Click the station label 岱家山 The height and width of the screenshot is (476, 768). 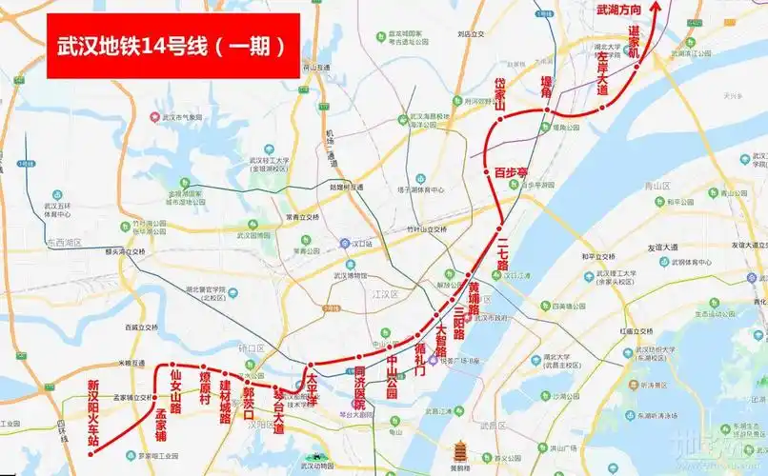click(x=498, y=95)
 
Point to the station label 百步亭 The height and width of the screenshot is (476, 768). click(x=511, y=172)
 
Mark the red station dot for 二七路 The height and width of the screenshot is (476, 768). click(x=499, y=227)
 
